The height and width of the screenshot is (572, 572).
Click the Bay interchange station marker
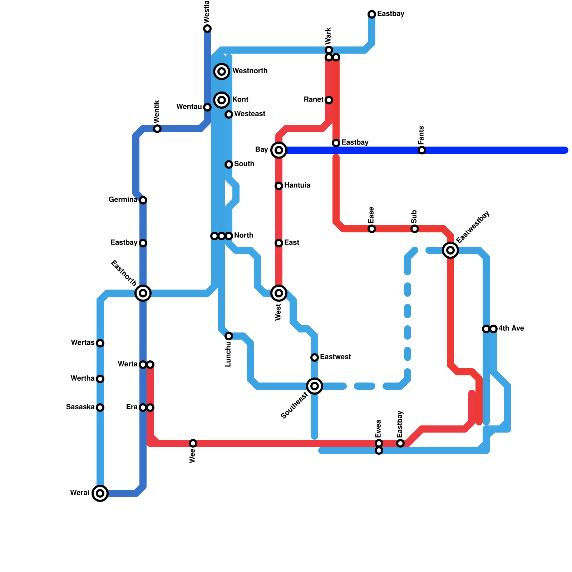(279, 150)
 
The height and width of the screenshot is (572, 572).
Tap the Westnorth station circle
(222, 71)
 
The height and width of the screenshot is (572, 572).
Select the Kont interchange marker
(222, 100)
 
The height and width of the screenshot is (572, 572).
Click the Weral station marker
(100, 493)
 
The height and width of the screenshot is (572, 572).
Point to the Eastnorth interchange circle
(143, 293)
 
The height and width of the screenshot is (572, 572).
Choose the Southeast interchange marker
(315, 386)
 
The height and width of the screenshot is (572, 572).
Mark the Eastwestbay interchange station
(450, 250)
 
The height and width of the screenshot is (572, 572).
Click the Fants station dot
(422, 150)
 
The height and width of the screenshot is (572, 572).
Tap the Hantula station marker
(279, 186)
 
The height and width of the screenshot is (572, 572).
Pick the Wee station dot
(193, 443)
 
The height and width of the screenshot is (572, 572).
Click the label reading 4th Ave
(511, 328)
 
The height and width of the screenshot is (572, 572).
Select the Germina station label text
(123, 199)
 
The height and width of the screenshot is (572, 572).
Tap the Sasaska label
(80, 407)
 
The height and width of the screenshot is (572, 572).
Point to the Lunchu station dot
(229, 336)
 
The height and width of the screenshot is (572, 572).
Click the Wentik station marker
(157, 129)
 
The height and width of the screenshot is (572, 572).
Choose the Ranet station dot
(329, 100)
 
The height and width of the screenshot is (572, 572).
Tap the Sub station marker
(415, 229)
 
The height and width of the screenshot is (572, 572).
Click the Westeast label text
(250, 114)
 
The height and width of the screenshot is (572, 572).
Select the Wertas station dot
(100, 343)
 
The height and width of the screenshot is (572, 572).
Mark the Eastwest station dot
(315, 357)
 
